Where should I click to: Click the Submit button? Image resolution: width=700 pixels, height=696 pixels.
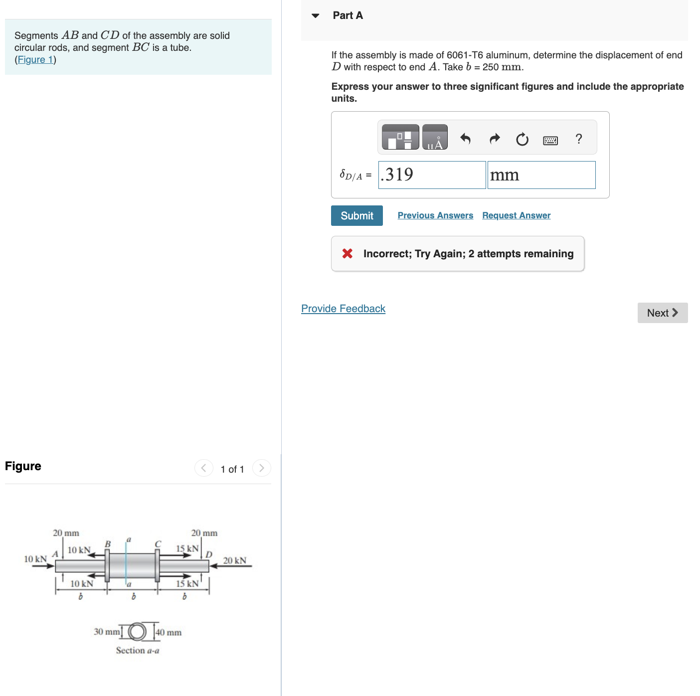pos(356,215)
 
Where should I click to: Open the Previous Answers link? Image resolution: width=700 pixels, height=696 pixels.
pos(435,215)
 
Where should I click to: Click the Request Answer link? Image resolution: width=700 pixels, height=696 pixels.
pos(516,215)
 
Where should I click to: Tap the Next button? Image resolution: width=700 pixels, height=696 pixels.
pos(662,313)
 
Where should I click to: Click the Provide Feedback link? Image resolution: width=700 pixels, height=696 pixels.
pos(343,309)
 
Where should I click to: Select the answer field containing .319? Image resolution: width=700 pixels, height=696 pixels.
pos(432,175)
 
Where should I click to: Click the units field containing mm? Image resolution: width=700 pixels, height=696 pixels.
pos(541,175)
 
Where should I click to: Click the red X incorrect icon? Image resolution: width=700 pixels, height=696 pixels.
pos(348,254)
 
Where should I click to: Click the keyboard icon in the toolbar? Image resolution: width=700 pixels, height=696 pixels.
pos(550,140)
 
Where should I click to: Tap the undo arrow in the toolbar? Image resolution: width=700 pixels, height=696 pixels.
pos(465,139)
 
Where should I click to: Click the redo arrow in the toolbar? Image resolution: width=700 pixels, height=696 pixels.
pos(494,139)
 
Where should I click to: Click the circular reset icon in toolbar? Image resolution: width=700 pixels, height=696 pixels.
pos(522,139)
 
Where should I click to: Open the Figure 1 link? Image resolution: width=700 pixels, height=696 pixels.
pos(35,60)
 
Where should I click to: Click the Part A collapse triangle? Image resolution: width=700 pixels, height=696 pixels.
pos(315,15)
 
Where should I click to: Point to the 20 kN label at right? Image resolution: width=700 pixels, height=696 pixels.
pos(234,560)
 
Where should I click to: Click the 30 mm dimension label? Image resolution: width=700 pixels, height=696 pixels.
pos(107,632)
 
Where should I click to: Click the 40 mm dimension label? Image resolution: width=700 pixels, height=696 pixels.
pos(169,632)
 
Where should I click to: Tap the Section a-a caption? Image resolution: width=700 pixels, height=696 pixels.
pos(138,650)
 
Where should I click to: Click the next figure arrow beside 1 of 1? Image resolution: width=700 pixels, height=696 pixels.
pos(261,468)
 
